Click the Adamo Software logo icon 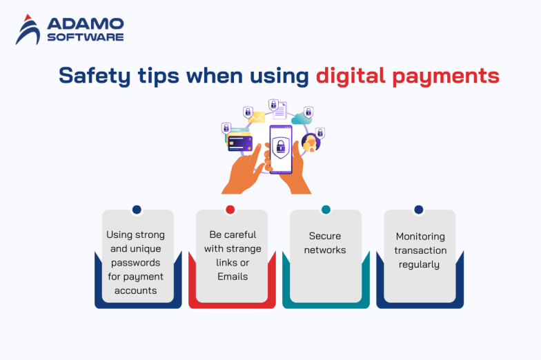pyautogui.click(x=28, y=30)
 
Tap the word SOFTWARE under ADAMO pyautogui.click(x=86, y=37)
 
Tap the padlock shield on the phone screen pyautogui.click(x=280, y=146)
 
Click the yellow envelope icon pyautogui.click(x=257, y=118)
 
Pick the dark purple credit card pyautogui.click(x=240, y=143)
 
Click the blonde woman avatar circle pyautogui.click(x=311, y=143)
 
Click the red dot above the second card pyautogui.click(x=230, y=210)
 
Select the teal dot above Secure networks pyautogui.click(x=326, y=210)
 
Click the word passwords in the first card pyautogui.click(x=135, y=263)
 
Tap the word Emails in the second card pyautogui.click(x=231, y=277)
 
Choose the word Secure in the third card pyautogui.click(x=325, y=236)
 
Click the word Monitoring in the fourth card pyautogui.click(x=420, y=237)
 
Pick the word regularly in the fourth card pyautogui.click(x=420, y=264)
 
